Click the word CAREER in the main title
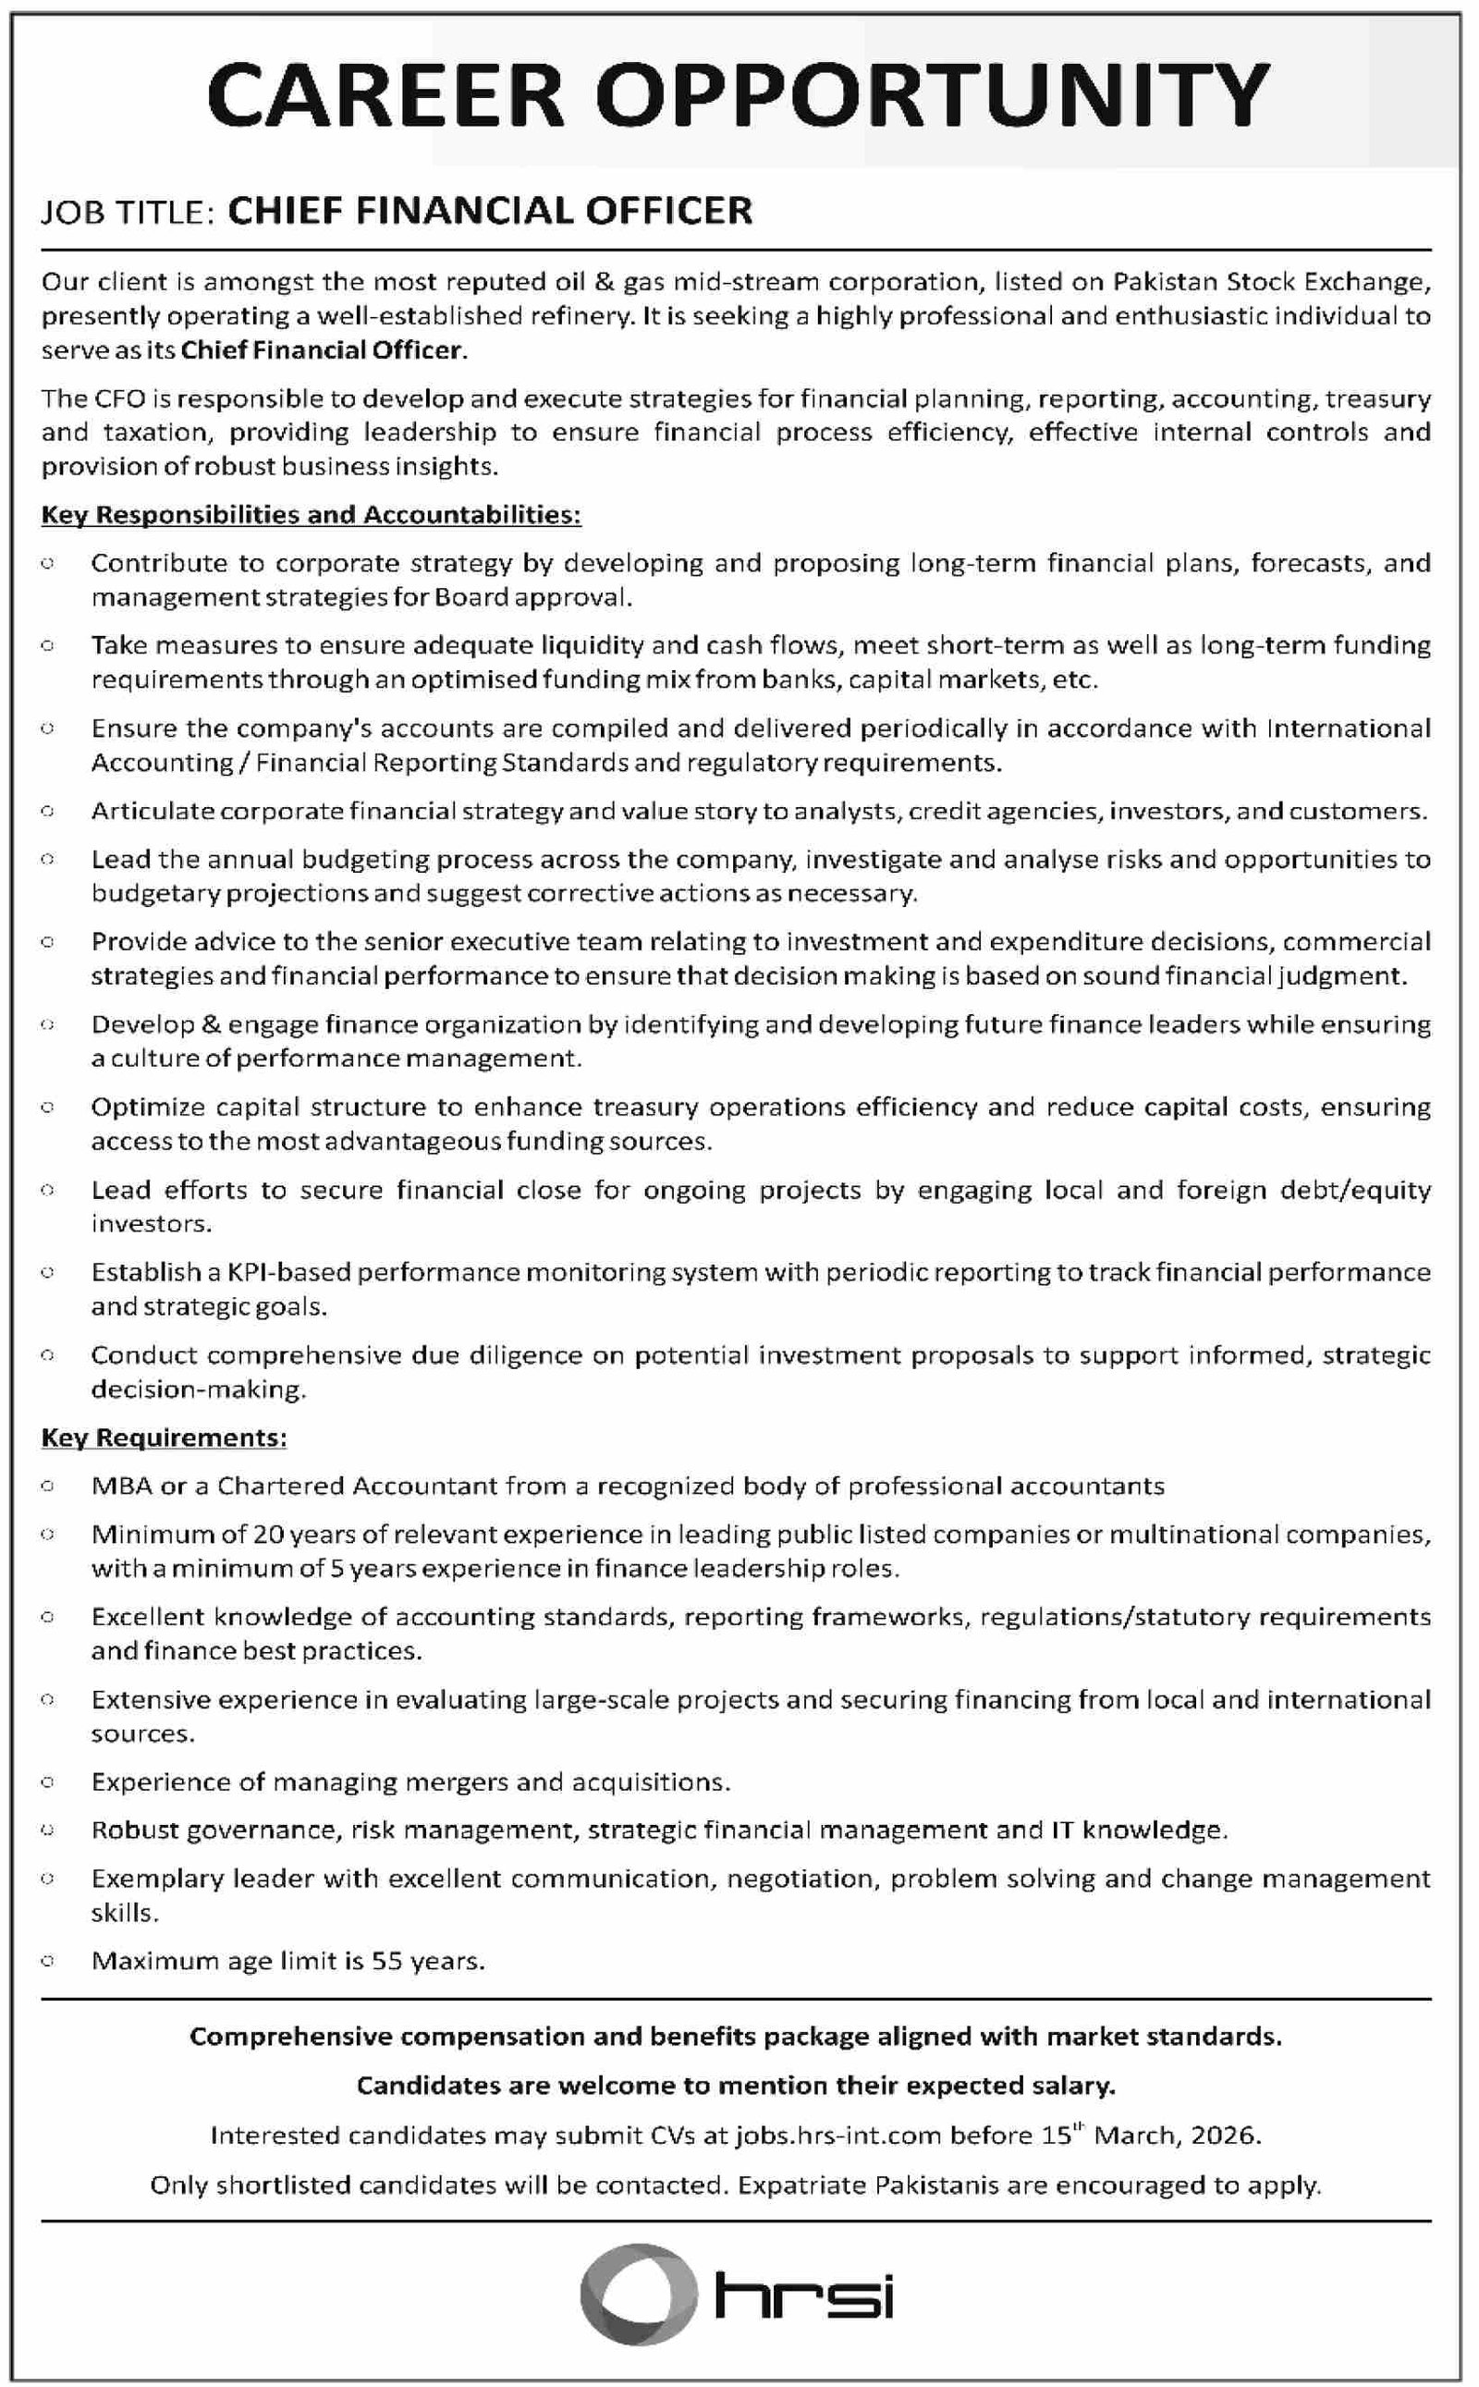coord(385,96)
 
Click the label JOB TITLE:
coord(128,213)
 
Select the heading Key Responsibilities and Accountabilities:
coord(312,515)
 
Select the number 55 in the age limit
coord(387,1961)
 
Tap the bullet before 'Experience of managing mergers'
coord(47,1782)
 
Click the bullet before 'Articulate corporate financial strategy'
coord(47,811)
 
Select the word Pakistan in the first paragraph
coord(1165,282)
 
